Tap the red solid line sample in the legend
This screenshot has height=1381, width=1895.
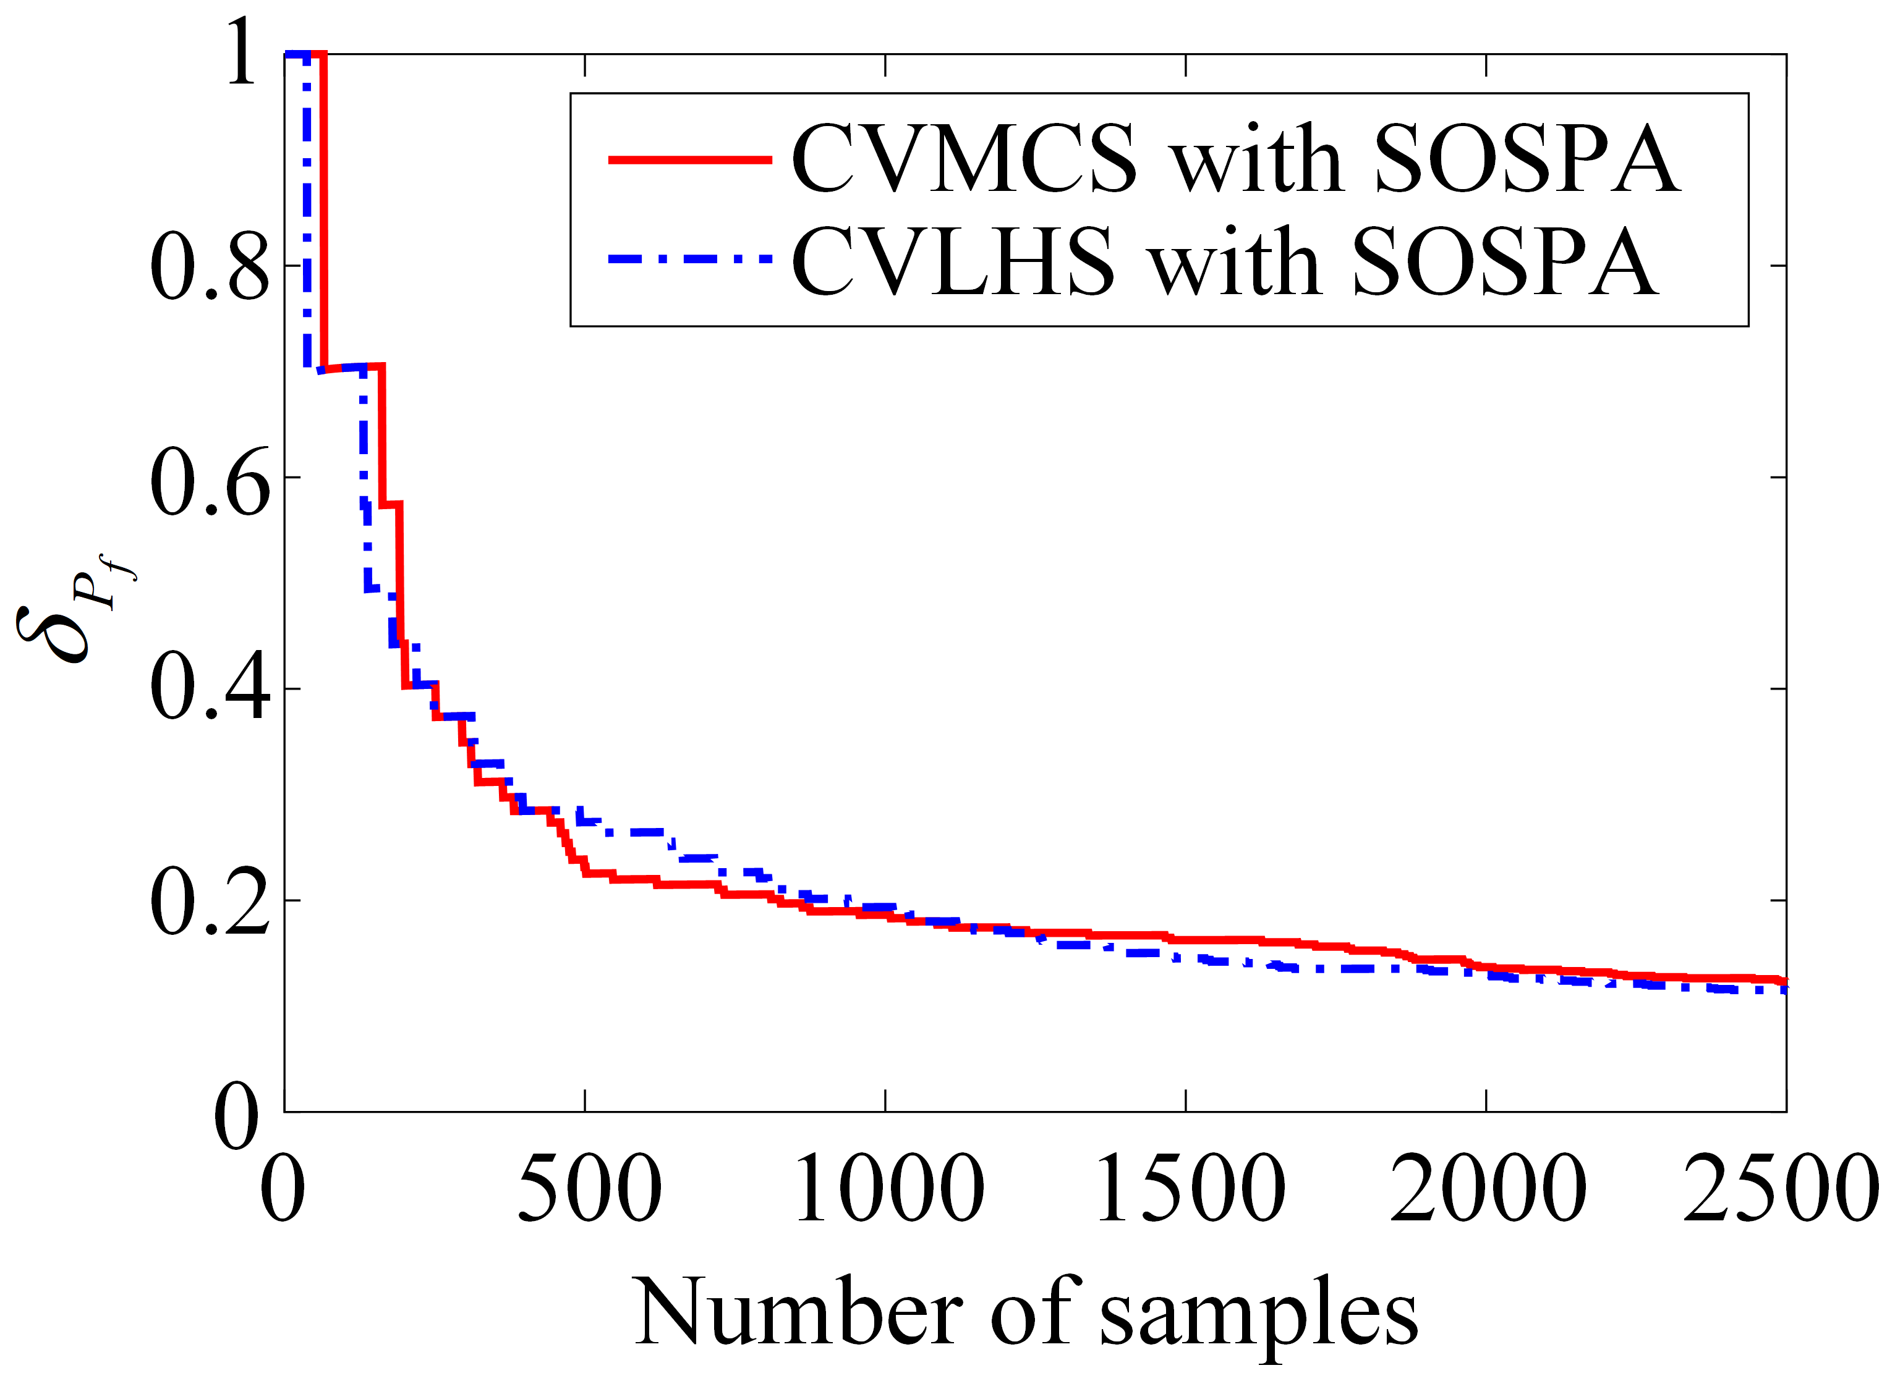pos(690,159)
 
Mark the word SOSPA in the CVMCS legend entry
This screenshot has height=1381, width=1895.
pos(1527,159)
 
